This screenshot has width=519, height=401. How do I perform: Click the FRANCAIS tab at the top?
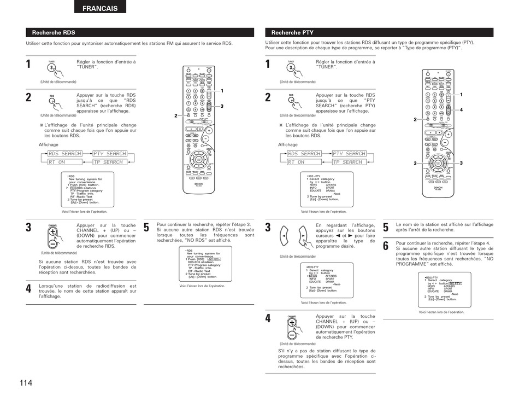click(100, 8)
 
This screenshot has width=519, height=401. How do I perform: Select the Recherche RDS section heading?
click(54, 33)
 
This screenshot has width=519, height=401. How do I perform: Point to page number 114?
click(25, 382)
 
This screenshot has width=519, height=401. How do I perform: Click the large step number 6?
click(386, 246)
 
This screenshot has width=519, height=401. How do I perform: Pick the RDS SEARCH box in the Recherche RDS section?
click(64, 154)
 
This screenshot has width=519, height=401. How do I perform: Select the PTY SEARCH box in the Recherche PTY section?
click(349, 154)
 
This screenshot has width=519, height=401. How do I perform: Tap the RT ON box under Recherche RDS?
click(57, 162)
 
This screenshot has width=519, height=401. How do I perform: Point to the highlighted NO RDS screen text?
click(213, 259)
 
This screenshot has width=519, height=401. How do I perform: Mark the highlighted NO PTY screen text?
click(455, 283)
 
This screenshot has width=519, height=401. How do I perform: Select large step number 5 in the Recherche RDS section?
click(146, 228)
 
